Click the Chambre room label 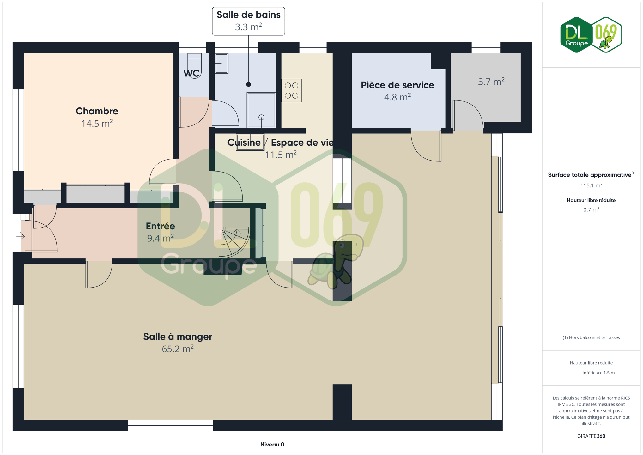(x=97, y=111)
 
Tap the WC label (x=191, y=73)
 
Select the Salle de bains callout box (x=248, y=21)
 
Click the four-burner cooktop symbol (x=291, y=90)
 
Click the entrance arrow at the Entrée (x=21, y=236)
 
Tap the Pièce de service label (x=397, y=85)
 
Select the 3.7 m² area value (x=491, y=82)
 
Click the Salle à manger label (x=178, y=337)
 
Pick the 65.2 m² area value (x=178, y=349)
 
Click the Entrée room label (x=160, y=226)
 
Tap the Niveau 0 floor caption (x=272, y=444)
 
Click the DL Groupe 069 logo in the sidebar (x=591, y=35)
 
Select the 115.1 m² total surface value (x=591, y=185)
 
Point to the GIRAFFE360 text (x=591, y=436)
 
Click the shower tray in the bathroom (x=261, y=110)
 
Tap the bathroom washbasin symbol (x=221, y=64)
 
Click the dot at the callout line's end (x=248, y=84)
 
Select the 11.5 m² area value (x=281, y=155)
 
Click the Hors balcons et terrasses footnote (x=591, y=337)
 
